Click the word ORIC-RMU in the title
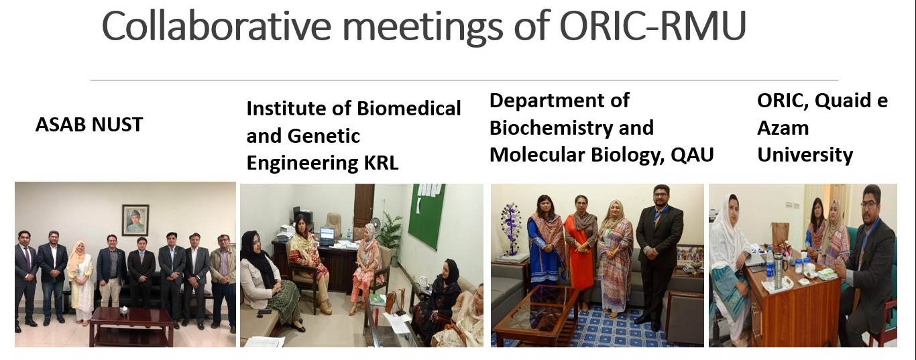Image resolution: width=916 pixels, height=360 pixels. point(652,25)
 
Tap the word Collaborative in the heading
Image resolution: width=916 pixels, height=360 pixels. point(217,25)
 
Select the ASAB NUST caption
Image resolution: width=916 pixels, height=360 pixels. point(89,125)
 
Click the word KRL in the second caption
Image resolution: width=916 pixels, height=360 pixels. point(381,163)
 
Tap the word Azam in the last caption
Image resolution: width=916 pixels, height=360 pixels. point(783,128)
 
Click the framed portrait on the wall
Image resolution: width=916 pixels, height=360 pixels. point(135,219)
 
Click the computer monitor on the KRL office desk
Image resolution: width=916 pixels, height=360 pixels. point(327,235)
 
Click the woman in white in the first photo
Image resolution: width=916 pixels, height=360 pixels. point(80,282)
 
